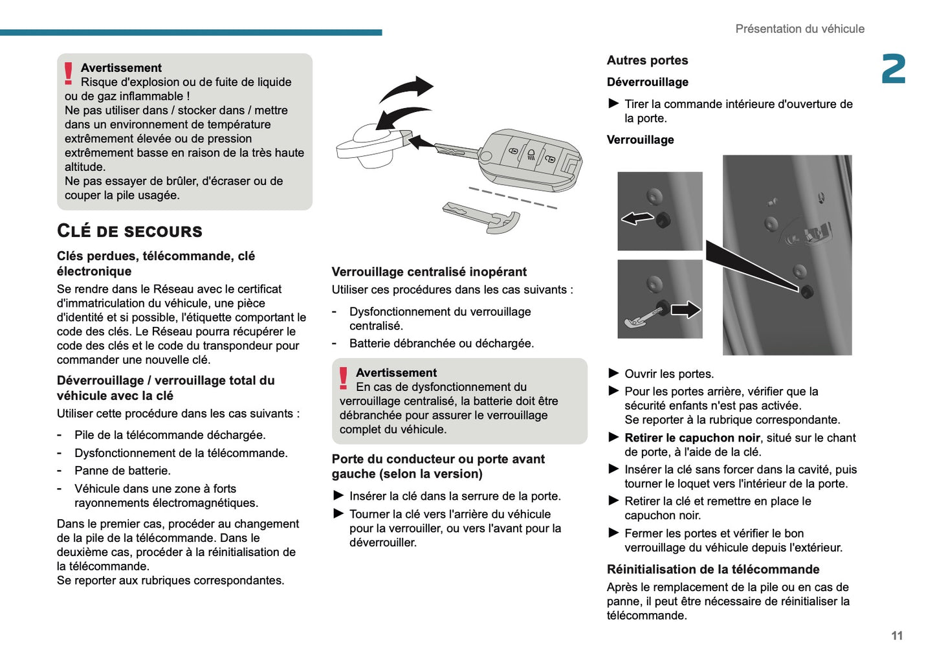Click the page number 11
point(896,636)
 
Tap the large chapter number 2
point(893,69)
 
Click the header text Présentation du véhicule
point(799,29)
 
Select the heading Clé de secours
point(129,231)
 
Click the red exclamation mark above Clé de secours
point(69,73)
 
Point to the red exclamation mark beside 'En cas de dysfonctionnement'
point(344,378)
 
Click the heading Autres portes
point(647,60)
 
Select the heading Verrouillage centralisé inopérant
point(429,272)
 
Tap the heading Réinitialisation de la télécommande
point(712,570)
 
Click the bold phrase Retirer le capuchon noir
point(692,438)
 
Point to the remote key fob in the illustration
point(531,159)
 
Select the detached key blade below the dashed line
point(482,216)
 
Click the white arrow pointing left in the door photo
point(637,218)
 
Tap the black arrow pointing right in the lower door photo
point(685,309)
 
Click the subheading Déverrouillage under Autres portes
point(647,82)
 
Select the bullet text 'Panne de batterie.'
point(122,471)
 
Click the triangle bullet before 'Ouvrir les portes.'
point(613,374)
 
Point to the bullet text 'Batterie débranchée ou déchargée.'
point(441,344)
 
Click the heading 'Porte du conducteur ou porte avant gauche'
point(438,466)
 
